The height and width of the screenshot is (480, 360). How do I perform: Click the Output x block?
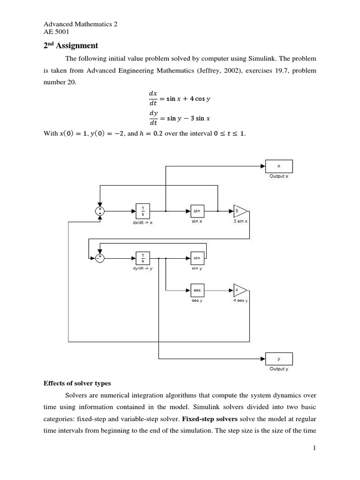point(279,166)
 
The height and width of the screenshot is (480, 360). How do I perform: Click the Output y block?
point(279,359)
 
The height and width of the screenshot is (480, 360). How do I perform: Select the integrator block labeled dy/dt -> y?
point(142,257)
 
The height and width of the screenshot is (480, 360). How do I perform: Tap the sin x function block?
point(197,211)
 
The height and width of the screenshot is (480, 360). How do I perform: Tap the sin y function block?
point(197,258)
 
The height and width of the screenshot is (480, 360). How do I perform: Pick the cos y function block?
point(197,291)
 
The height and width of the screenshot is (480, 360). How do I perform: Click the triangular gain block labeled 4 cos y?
point(240,291)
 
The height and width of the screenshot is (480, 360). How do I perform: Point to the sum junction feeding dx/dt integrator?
point(99,212)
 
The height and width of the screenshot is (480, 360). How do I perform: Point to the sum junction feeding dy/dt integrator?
point(99,257)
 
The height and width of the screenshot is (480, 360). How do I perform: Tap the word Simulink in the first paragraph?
point(267,59)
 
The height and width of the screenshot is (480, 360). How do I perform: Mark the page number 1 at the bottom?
point(315,449)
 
